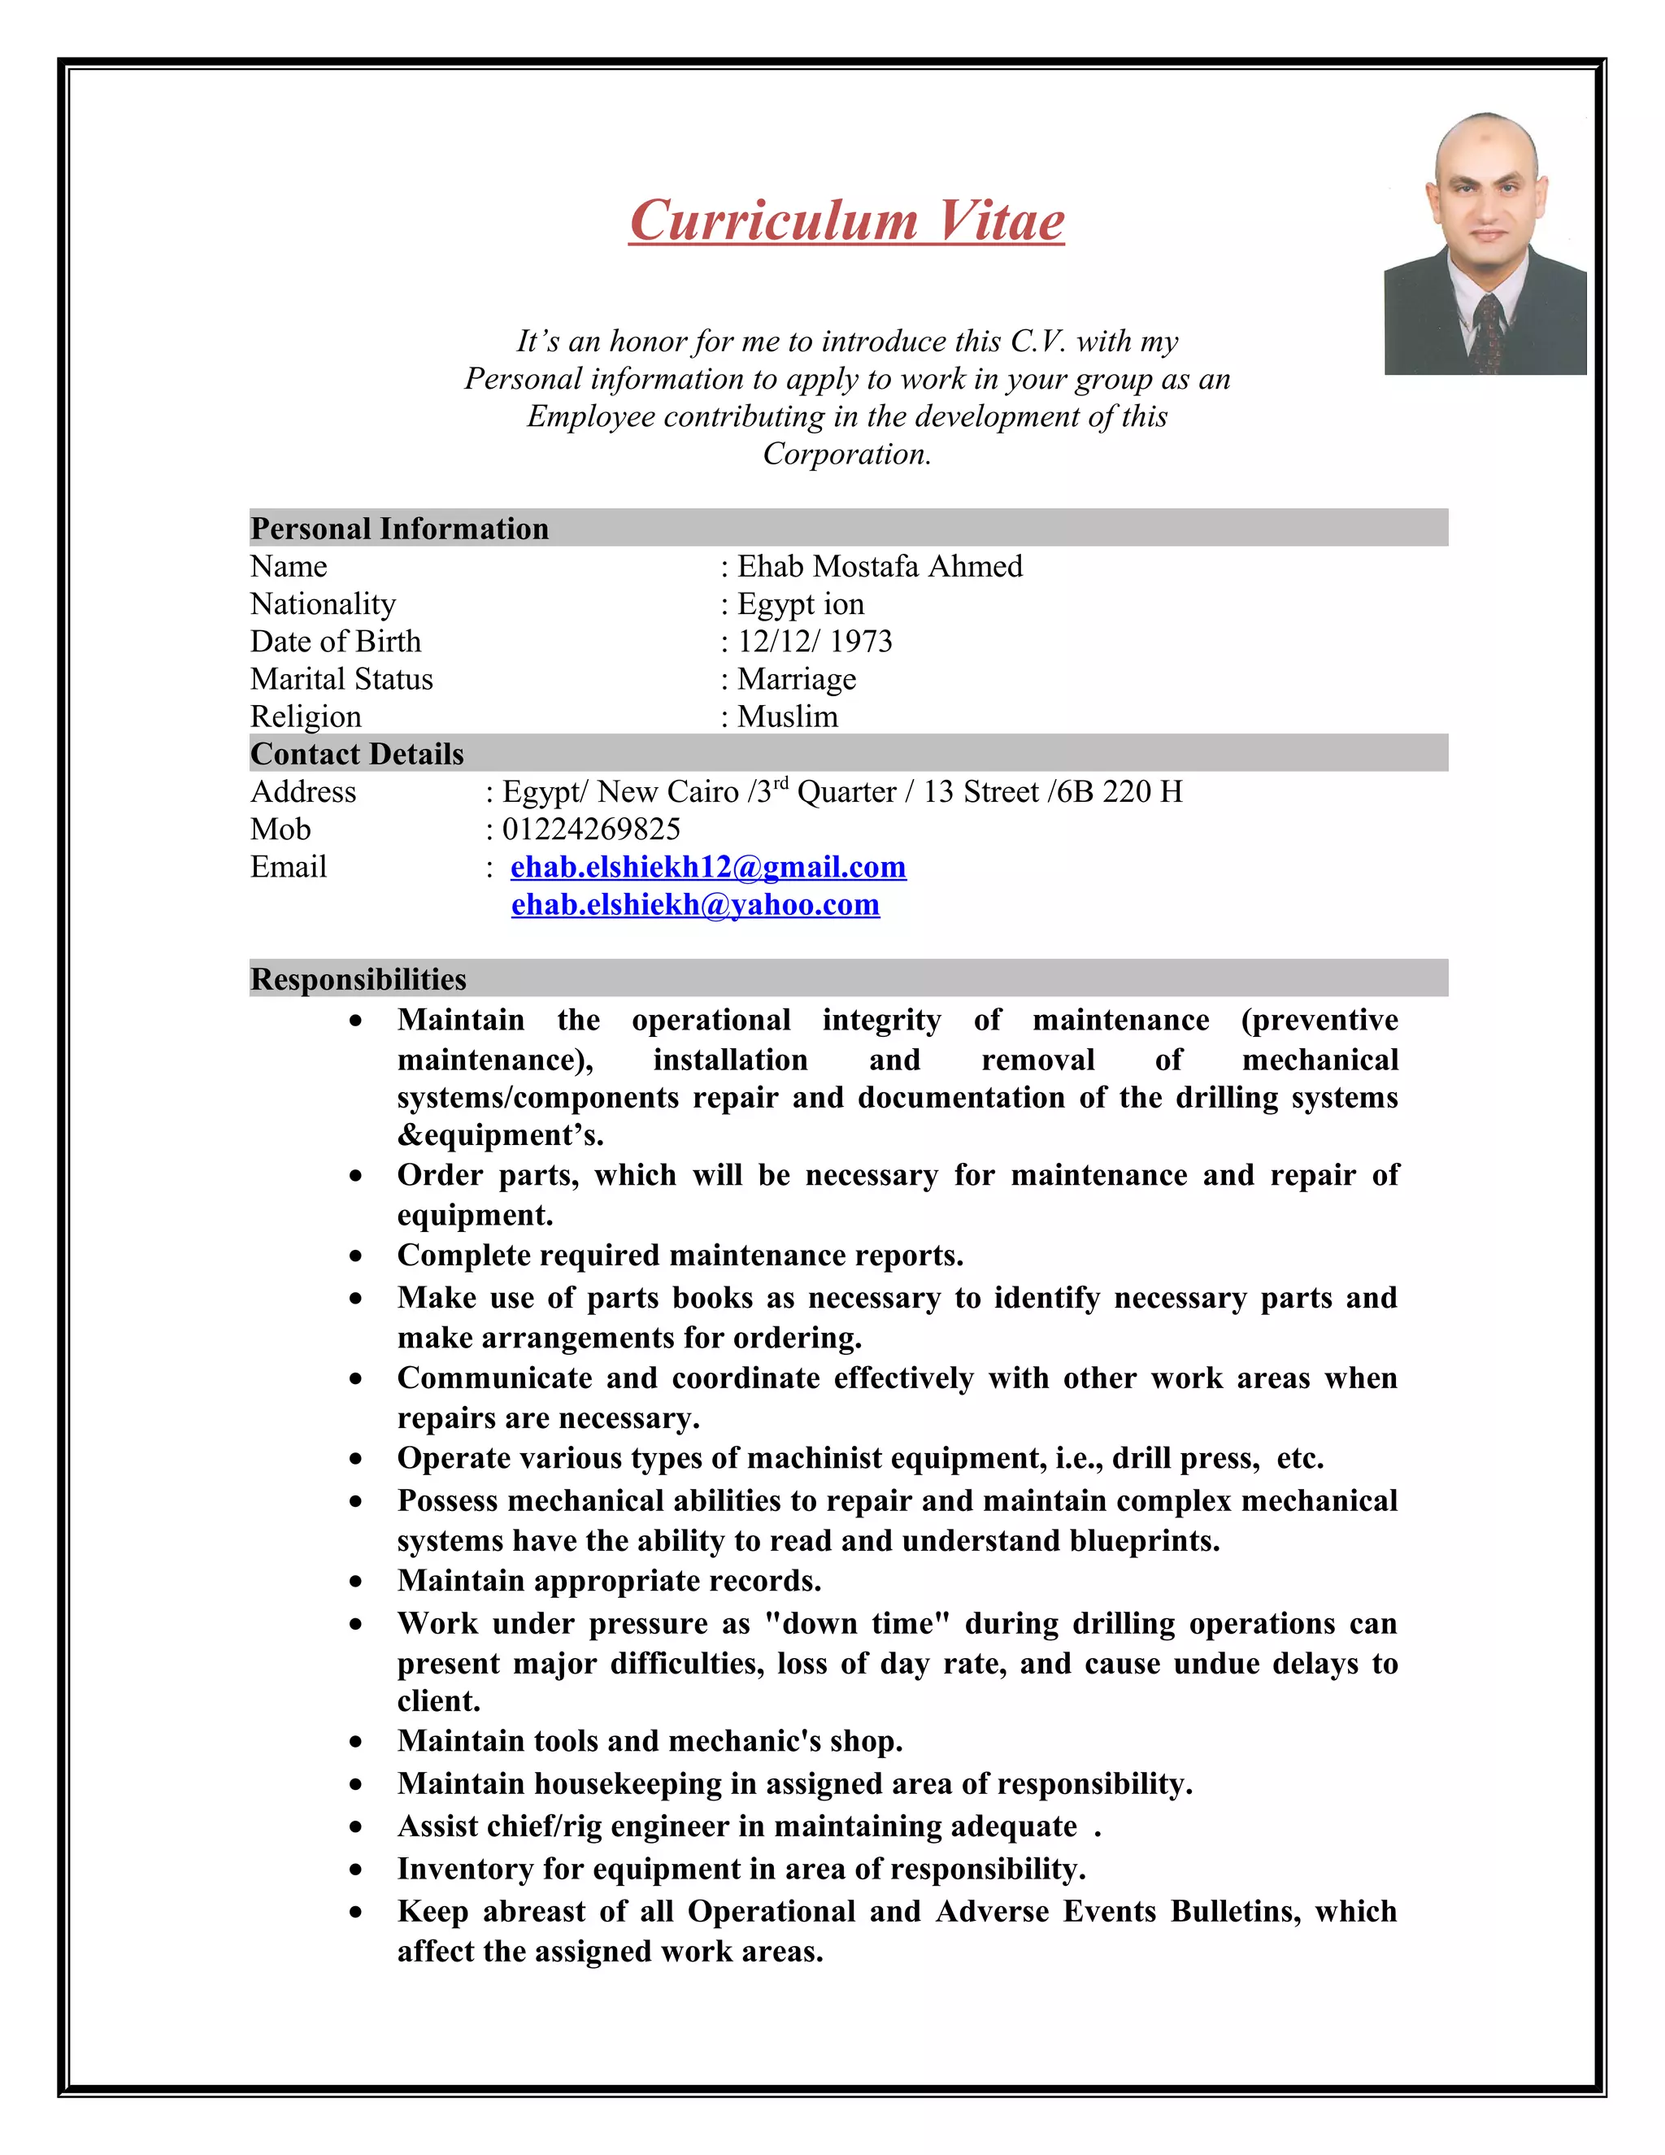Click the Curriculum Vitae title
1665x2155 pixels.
click(846, 220)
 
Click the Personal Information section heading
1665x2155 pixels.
click(399, 529)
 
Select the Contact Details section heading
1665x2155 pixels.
click(357, 754)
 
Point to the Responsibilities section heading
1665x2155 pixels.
click(358, 979)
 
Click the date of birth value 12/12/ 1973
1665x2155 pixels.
click(815, 642)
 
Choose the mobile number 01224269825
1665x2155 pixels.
click(591, 829)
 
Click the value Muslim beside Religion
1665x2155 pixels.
click(787, 716)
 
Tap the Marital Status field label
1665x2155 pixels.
click(341, 679)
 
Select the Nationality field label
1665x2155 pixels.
click(323, 604)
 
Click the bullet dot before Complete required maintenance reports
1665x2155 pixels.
click(356, 1257)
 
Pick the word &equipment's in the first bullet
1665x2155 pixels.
click(500, 1136)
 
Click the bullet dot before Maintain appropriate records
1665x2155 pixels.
click(356, 1583)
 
